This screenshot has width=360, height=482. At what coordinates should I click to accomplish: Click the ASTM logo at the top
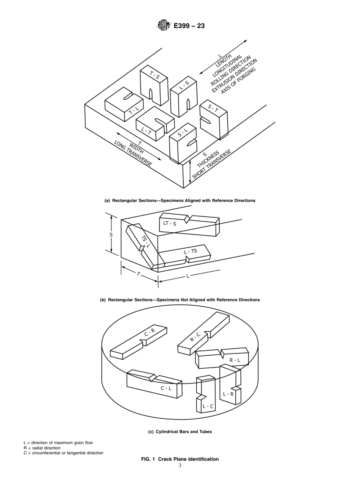tap(163, 26)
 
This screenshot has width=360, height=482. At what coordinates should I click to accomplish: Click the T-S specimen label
tap(155, 75)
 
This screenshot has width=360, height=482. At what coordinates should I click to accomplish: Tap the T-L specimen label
tap(134, 111)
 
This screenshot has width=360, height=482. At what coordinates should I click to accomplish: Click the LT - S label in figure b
tap(169, 223)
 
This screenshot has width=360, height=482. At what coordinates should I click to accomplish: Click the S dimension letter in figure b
tap(111, 235)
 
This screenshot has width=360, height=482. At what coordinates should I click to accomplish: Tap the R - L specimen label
tap(235, 360)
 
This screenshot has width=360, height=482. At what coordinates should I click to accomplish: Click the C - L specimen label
tap(166, 388)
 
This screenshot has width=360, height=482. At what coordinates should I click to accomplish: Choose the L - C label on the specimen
tap(208, 407)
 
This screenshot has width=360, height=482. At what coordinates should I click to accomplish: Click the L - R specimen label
tap(228, 394)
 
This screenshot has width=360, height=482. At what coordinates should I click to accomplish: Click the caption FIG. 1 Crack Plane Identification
tap(180, 459)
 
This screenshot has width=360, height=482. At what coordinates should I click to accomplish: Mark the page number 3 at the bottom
tap(180, 465)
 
